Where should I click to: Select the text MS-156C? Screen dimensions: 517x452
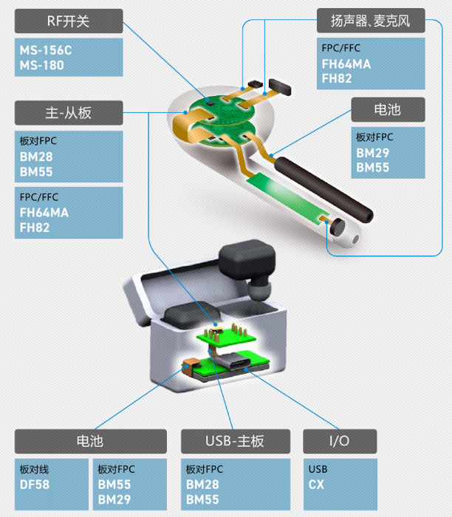pyautogui.click(x=45, y=51)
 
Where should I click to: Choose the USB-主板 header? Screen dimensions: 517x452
pyautogui.click(x=234, y=442)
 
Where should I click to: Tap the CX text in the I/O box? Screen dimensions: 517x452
pyautogui.click(x=317, y=485)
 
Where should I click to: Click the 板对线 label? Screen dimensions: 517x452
pyautogui.click(x=34, y=469)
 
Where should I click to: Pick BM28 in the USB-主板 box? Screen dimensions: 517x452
pyautogui.click(x=202, y=485)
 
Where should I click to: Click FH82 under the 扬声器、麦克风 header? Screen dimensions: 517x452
pyautogui.click(x=337, y=78)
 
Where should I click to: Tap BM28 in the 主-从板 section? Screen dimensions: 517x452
pyautogui.click(x=37, y=157)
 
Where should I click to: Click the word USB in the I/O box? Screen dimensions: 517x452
pyautogui.click(x=318, y=469)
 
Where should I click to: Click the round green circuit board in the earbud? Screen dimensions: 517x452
pyautogui.click(x=222, y=118)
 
